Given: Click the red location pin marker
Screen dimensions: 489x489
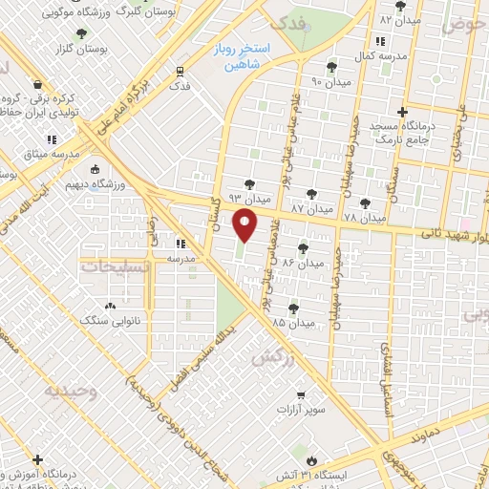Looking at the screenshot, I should [245, 225].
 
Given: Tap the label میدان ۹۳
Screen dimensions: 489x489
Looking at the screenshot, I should [251, 199].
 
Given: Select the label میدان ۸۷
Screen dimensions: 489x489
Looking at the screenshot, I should [310, 207].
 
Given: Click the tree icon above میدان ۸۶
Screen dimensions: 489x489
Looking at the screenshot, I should [303, 248].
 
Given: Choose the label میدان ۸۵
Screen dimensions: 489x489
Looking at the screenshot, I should [292, 324].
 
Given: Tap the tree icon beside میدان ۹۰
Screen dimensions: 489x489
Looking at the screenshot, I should [331, 66].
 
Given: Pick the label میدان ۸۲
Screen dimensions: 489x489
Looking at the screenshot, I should [399, 19].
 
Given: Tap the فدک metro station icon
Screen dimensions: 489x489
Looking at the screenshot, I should [180, 70].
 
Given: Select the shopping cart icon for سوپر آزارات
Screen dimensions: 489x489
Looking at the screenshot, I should [301, 393].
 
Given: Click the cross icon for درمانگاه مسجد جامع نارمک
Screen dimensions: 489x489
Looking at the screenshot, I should [402, 111].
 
